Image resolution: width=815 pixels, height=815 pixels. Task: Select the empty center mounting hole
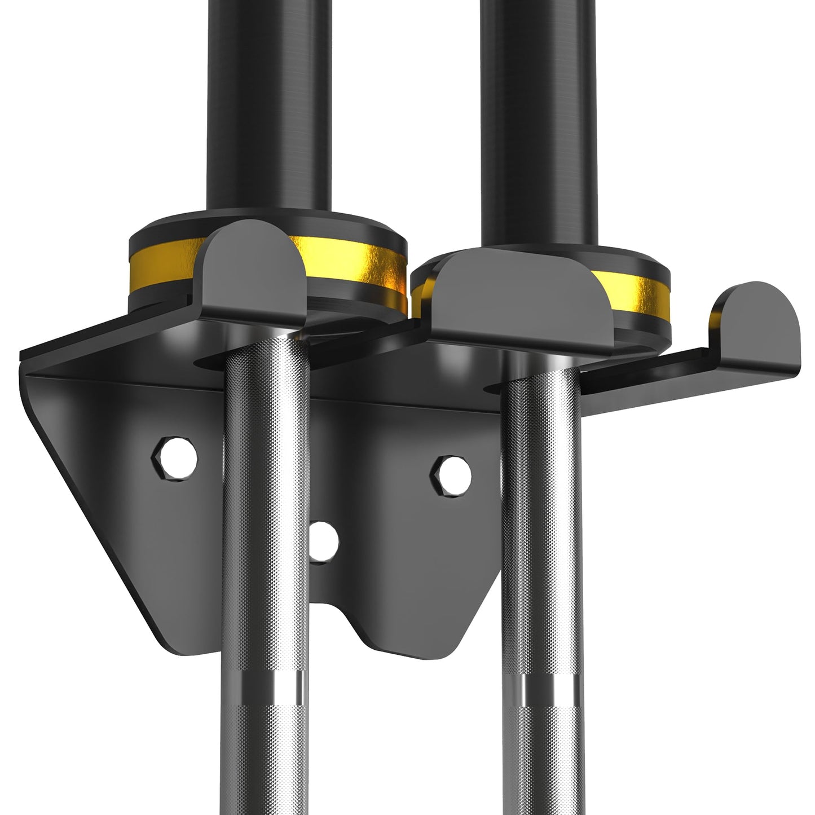click(324, 541)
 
